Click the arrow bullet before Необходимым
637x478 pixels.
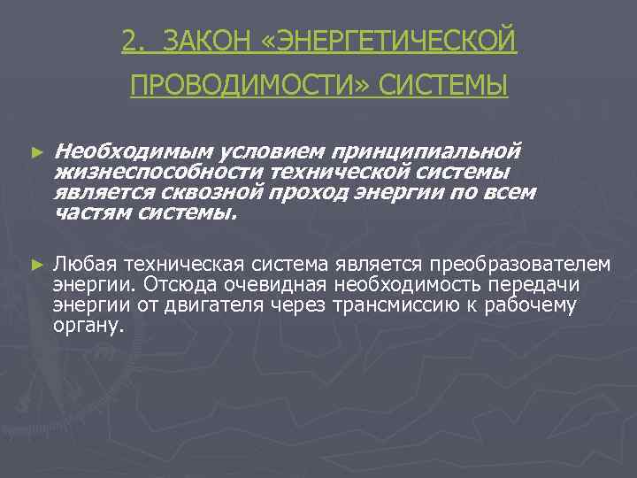(36, 152)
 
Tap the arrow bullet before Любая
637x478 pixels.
(36, 264)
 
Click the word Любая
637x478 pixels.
(84, 263)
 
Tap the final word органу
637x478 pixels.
(86, 327)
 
